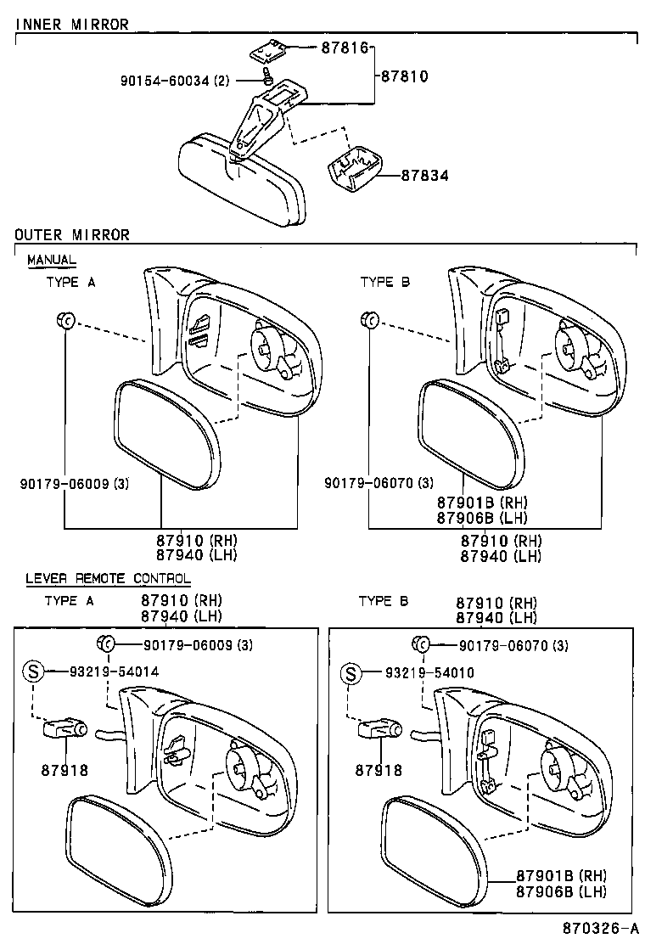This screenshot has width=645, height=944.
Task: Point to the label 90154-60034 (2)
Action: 175,81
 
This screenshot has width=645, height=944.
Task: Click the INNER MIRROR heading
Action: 72,25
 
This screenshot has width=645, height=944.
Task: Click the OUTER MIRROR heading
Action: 72,234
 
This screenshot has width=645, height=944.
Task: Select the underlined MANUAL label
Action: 52,259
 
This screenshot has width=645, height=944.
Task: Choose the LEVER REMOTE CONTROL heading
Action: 108,578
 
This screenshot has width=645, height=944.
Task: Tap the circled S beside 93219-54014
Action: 33,671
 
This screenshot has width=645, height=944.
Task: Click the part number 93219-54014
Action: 115,671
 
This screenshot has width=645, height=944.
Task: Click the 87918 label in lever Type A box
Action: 64,770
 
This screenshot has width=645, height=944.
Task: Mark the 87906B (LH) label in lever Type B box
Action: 561,891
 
